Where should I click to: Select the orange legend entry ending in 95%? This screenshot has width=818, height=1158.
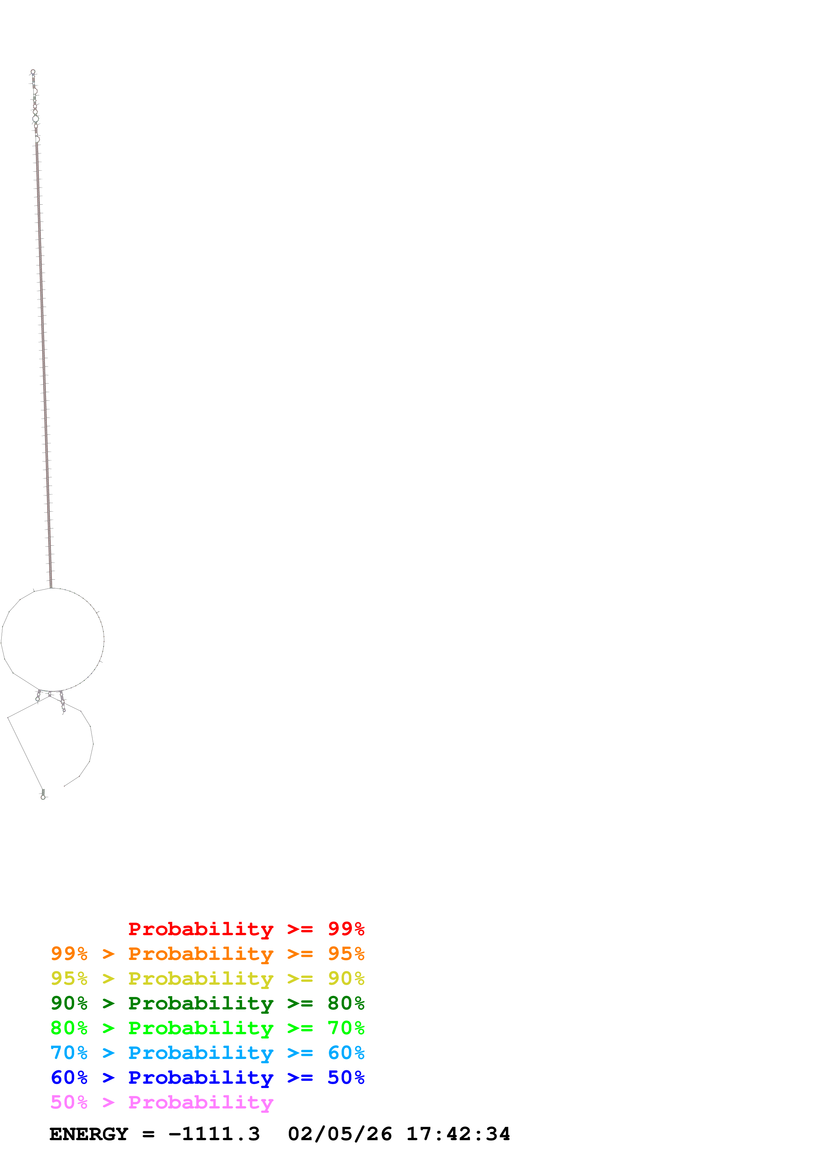coord(207,954)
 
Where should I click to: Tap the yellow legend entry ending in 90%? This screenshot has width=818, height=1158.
coord(207,978)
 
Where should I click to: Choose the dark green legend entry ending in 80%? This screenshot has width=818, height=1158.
coord(207,1003)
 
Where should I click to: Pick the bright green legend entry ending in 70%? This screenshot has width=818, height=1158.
coord(207,1028)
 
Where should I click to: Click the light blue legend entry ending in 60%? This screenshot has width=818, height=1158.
coord(207,1053)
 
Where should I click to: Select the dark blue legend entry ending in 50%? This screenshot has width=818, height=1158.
coord(207,1077)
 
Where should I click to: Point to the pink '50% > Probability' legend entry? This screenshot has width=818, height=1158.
coord(161,1102)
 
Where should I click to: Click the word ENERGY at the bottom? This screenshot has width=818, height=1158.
coord(89,1134)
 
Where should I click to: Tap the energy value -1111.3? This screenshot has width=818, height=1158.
coord(214,1134)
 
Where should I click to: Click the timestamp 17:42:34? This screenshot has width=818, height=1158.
coord(458,1134)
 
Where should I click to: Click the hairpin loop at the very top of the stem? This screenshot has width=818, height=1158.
coord(33,72)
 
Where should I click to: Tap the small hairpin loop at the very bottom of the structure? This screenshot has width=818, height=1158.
coord(43,797)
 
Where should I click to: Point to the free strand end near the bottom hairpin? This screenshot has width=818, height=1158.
coord(64,786)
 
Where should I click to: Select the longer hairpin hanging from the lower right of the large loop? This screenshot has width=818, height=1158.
coord(62,702)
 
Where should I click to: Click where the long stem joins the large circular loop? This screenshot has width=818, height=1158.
coord(51,588)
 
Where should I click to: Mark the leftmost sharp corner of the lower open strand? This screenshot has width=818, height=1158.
coord(8,717)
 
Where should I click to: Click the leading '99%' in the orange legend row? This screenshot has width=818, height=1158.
coord(69,954)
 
